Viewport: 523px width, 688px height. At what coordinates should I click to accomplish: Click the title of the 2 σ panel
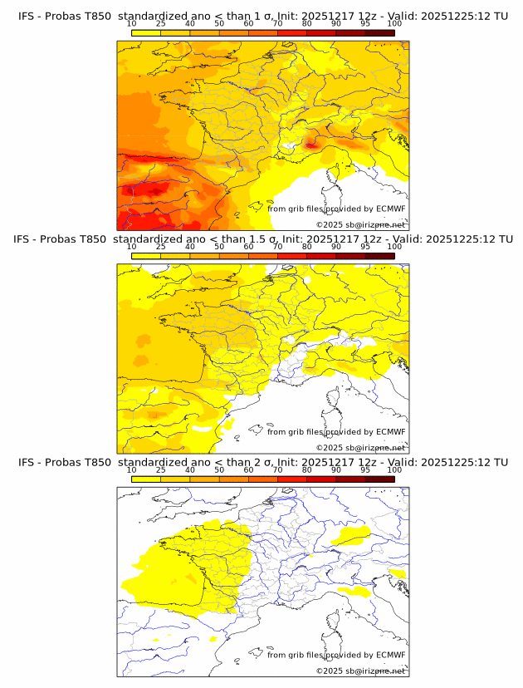click(262, 462)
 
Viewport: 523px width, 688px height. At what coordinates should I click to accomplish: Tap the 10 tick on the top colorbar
click(132, 23)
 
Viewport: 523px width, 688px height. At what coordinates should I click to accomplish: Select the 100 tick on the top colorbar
click(394, 23)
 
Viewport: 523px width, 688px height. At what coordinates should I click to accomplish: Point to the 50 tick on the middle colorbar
click(219, 247)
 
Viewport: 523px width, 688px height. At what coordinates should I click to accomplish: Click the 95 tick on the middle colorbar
click(365, 247)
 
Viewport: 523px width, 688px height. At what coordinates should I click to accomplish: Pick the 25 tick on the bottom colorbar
click(161, 470)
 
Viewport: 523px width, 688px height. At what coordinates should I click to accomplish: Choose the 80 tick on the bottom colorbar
click(307, 470)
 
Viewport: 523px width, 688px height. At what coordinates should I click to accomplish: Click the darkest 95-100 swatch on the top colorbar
click(379, 32)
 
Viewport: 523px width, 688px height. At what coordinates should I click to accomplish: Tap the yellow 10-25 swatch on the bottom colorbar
click(146, 479)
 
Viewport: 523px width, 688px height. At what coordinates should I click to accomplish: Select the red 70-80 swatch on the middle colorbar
click(292, 256)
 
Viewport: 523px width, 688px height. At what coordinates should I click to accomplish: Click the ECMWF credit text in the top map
click(336, 209)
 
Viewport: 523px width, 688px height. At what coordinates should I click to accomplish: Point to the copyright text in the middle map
click(360, 447)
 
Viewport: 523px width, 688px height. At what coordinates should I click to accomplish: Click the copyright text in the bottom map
click(360, 671)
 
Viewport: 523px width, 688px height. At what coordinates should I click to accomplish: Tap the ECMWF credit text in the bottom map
click(336, 655)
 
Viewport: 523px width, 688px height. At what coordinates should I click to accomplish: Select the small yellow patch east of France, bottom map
click(350, 535)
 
